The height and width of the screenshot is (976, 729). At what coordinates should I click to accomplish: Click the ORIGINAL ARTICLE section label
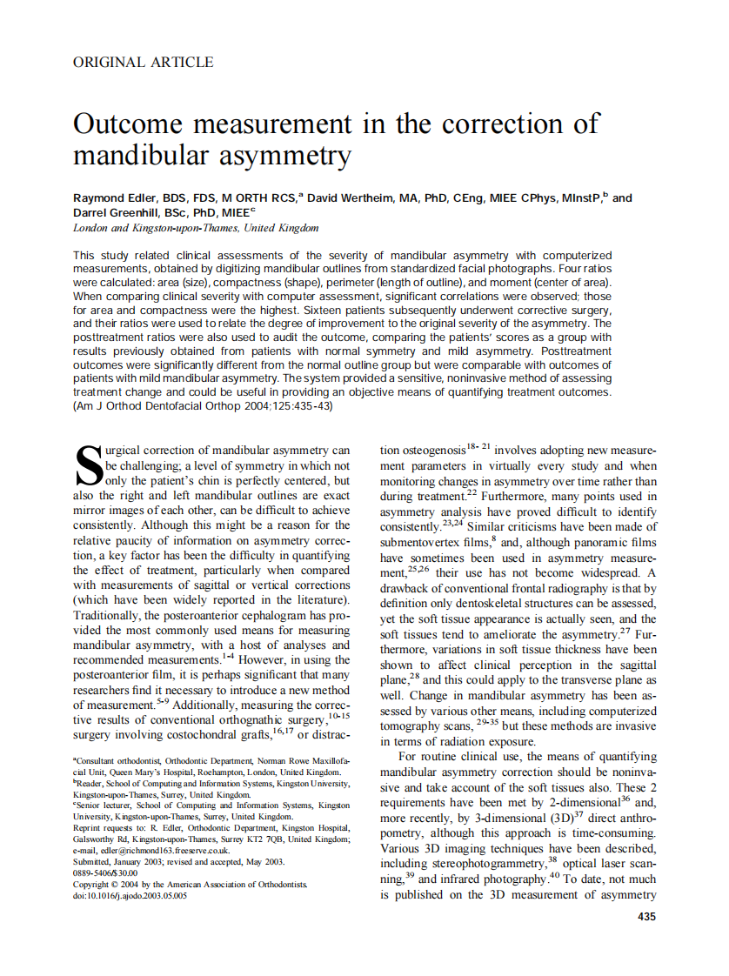(143, 62)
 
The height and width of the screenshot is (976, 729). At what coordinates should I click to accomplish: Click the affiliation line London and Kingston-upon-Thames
(196, 228)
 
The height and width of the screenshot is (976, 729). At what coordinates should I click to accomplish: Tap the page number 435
(646, 916)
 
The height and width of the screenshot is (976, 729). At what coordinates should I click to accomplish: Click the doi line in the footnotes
(130, 895)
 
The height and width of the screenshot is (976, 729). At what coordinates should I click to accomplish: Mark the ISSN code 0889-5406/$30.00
(105, 872)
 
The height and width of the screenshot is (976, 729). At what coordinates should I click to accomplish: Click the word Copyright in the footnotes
(96, 884)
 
